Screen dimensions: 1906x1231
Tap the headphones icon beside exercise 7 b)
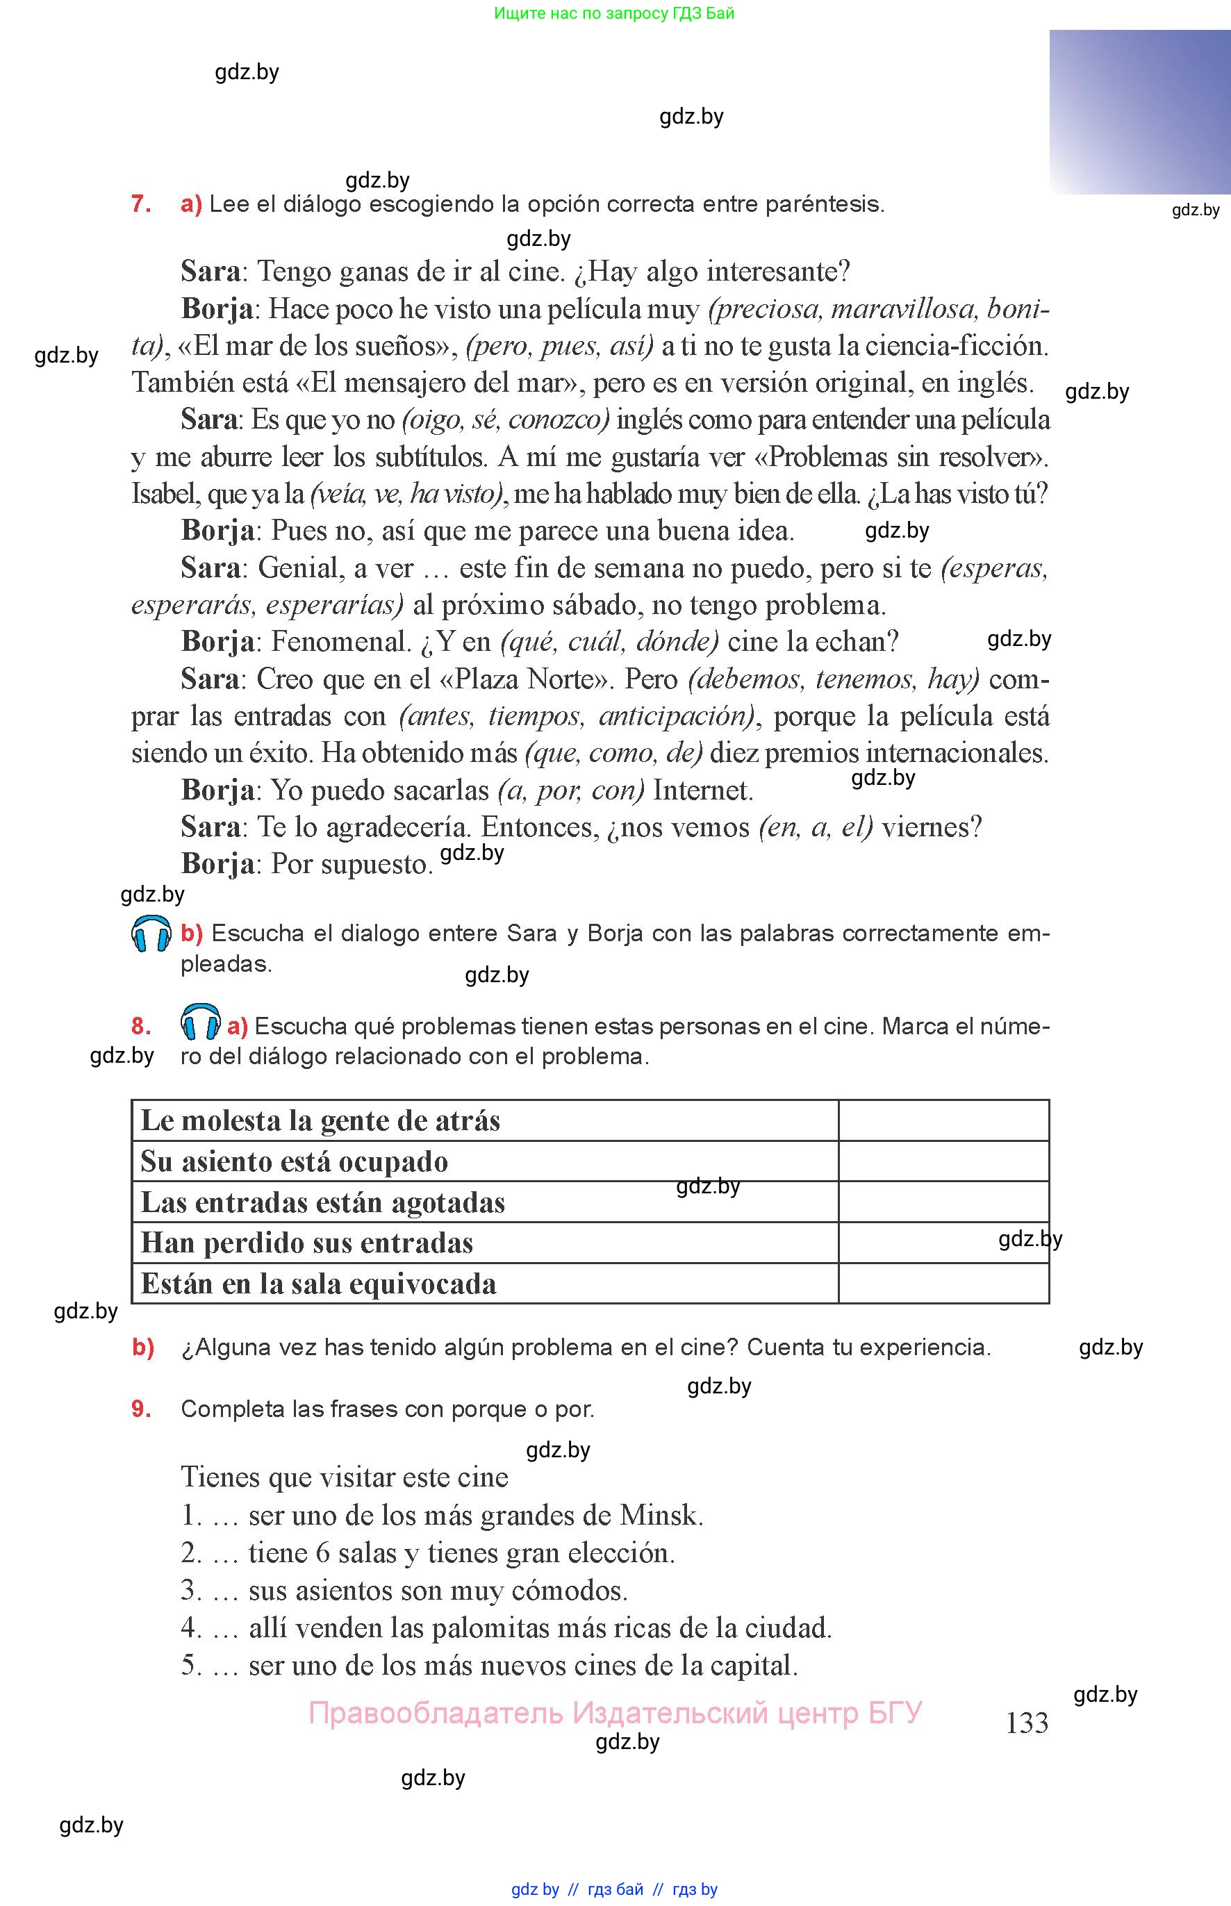tap(151, 934)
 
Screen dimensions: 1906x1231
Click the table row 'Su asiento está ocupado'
tap(294, 1161)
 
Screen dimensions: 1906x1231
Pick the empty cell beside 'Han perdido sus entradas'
tap(943, 1243)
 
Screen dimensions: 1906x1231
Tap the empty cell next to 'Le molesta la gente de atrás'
tap(943, 1120)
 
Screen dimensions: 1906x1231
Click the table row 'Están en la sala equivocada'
tap(318, 1284)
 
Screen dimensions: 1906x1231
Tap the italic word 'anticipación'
tap(675, 716)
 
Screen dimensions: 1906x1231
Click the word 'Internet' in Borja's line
tap(702, 790)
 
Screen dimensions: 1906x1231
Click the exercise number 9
tap(141, 1409)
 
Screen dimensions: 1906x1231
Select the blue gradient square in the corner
tap(1139, 112)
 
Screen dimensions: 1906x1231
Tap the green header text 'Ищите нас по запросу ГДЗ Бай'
tap(614, 13)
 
